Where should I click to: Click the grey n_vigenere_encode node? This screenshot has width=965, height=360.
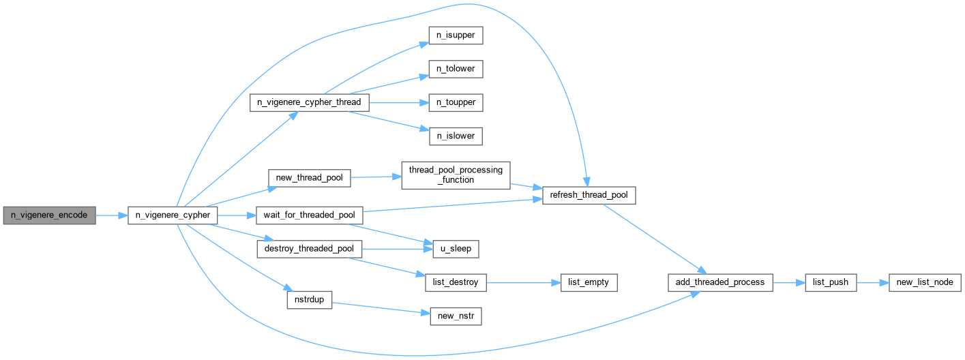pos(50,215)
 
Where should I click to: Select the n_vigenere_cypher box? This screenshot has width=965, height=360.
pos(173,215)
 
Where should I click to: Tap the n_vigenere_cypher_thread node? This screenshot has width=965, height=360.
pos(310,102)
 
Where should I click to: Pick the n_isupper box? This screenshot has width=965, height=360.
pos(456,35)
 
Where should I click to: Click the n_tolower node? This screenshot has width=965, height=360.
pos(456,69)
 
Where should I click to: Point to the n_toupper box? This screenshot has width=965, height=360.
pos(456,102)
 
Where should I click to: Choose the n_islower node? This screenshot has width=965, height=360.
pos(456,136)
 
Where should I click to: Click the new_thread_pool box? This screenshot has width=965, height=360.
pos(310,178)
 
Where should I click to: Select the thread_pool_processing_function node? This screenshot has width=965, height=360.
pos(456,175)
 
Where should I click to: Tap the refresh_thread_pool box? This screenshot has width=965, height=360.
pos(589,196)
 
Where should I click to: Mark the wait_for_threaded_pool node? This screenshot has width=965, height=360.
pos(310,215)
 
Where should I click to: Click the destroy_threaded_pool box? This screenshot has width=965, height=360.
pos(310,249)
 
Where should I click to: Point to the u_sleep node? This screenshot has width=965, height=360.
pos(456,249)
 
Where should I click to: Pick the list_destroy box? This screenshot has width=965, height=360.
pos(456,282)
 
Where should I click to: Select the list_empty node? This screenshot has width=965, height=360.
pos(589,282)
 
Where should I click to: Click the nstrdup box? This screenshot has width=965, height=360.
pos(310,300)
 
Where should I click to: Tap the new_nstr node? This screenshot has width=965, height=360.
pos(456,316)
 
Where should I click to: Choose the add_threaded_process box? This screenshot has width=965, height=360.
pos(720,282)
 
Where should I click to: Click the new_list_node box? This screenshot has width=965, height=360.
pos(925,282)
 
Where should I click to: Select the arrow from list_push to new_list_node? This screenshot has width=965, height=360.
pos(873,283)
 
